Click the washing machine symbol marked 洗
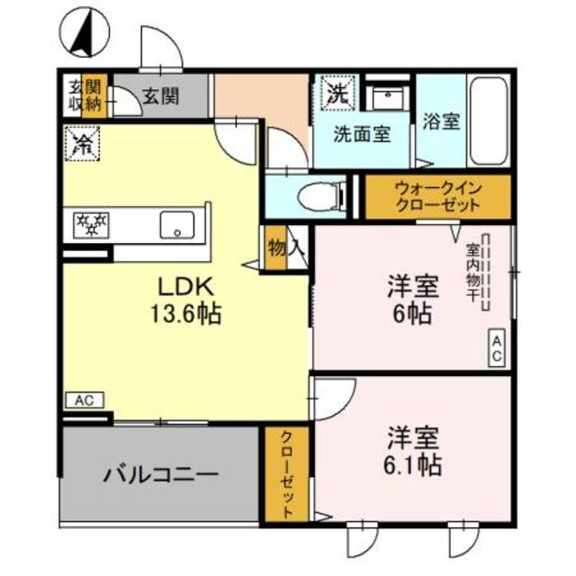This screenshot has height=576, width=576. point(336,93)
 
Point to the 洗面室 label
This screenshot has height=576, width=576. point(362,135)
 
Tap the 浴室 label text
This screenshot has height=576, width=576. point(442,121)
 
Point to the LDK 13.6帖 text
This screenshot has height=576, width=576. point(185,301)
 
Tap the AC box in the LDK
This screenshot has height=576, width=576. point(85,400)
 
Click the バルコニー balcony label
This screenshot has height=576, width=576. point(159,472)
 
